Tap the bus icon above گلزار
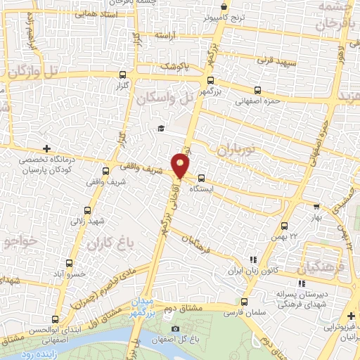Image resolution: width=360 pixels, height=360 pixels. [x=123, y=74]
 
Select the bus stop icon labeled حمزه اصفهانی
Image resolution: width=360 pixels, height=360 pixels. [x=257, y=90]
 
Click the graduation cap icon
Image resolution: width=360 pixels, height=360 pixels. [x=161, y=128]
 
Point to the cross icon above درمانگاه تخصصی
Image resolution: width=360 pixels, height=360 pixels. [x=46, y=148]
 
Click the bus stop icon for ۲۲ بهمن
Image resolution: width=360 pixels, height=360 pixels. [x=284, y=226]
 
